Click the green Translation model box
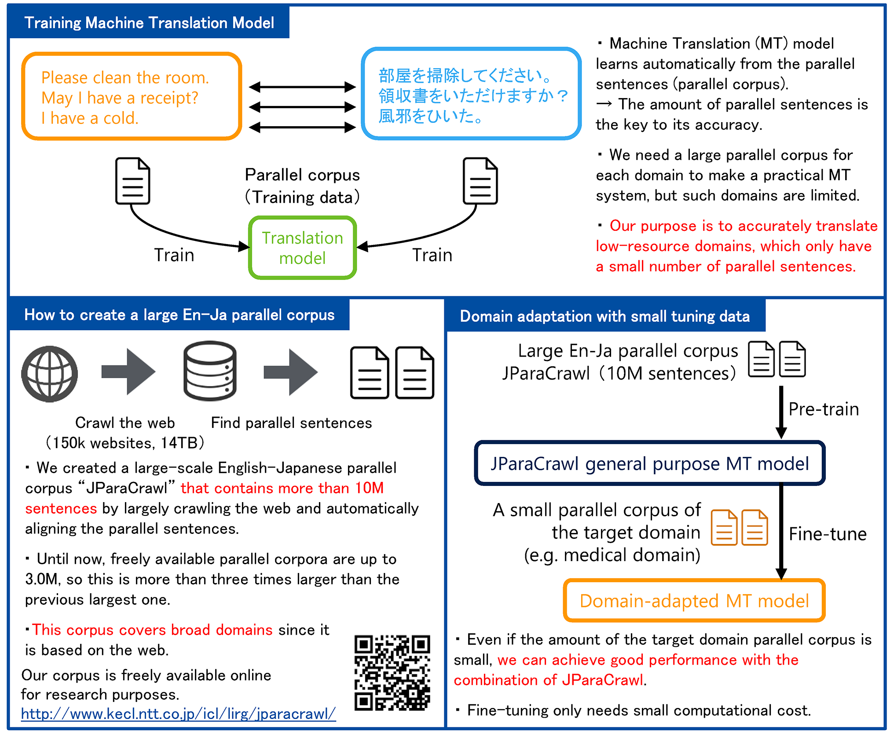(x=303, y=248)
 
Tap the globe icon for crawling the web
(x=50, y=374)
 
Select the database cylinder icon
(x=210, y=371)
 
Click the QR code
(x=392, y=672)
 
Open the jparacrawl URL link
(x=178, y=714)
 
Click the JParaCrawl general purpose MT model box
(x=650, y=463)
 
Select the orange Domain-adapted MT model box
(x=694, y=601)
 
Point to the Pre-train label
(x=823, y=409)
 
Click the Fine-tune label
(x=828, y=534)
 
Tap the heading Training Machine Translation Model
(x=149, y=23)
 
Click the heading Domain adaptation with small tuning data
(x=605, y=316)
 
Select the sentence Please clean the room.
(x=125, y=78)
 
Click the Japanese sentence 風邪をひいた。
(x=431, y=116)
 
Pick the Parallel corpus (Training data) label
(x=302, y=186)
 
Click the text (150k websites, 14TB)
(x=125, y=443)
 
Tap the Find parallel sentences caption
(x=291, y=423)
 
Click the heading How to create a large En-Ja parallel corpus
(x=179, y=315)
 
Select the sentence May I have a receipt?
(x=120, y=98)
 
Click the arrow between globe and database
(x=129, y=372)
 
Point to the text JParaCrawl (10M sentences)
(x=619, y=373)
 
